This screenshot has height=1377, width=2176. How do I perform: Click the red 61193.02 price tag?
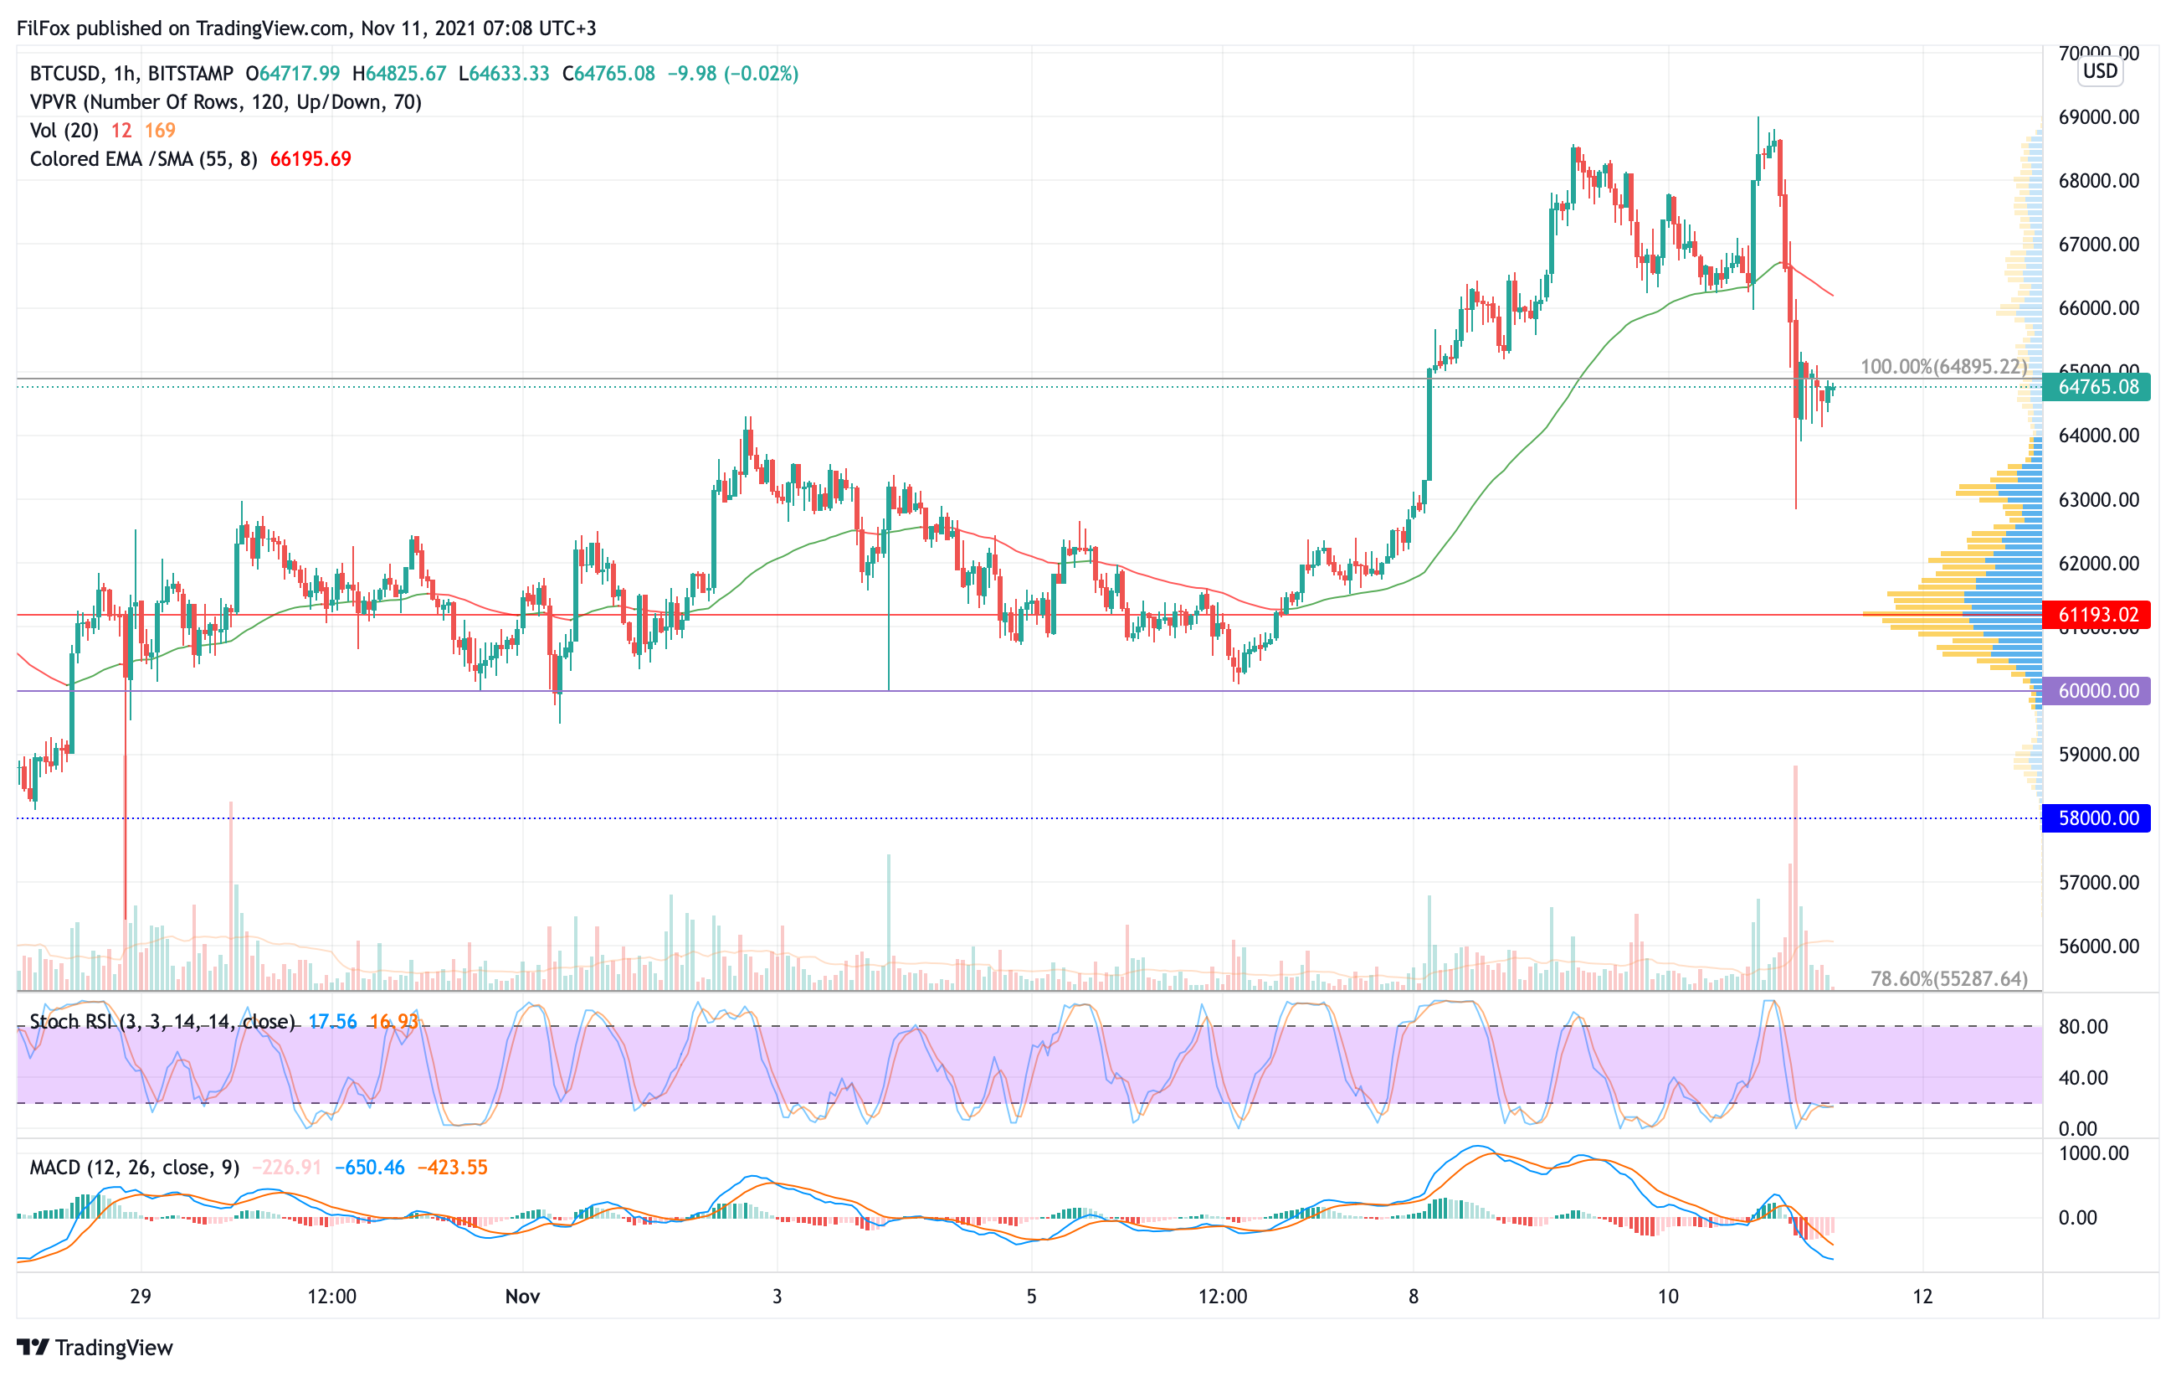click(2096, 615)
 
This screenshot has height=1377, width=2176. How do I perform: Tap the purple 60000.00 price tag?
click(2096, 691)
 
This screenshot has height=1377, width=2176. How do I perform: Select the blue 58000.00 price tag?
click(2096, 818)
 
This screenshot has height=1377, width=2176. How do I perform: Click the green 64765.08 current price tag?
click(2096, 387)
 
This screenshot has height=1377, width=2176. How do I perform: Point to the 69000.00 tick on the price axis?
click(2098, 116)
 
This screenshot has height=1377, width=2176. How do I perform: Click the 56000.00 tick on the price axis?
click(2098, 946)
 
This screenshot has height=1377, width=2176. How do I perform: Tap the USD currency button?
click(2100, 70)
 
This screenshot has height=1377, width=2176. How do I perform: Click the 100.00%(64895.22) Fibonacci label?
click(1942, 366)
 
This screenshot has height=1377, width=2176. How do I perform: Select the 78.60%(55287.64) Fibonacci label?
click(1948, 978)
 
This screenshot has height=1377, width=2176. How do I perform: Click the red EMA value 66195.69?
click(310, 159)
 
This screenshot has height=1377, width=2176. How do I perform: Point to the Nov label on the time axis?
click(522, 1297)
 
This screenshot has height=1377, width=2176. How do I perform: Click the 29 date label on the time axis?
click(140, 1297)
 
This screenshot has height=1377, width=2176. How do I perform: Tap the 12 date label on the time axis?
click(1922, 1297)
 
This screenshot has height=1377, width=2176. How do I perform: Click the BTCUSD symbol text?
click(65, 73)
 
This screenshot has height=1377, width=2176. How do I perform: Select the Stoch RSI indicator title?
click(162, 1022)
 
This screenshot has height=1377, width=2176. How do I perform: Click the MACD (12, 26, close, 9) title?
click(135, 1168)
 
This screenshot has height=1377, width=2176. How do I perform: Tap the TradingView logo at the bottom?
click(95, 1347)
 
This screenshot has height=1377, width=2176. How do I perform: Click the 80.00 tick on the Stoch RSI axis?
click(2083, 1026)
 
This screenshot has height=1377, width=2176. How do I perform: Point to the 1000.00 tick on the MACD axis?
click(2093, 1153)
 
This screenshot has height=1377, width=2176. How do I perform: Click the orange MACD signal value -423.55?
click(452, 1168)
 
